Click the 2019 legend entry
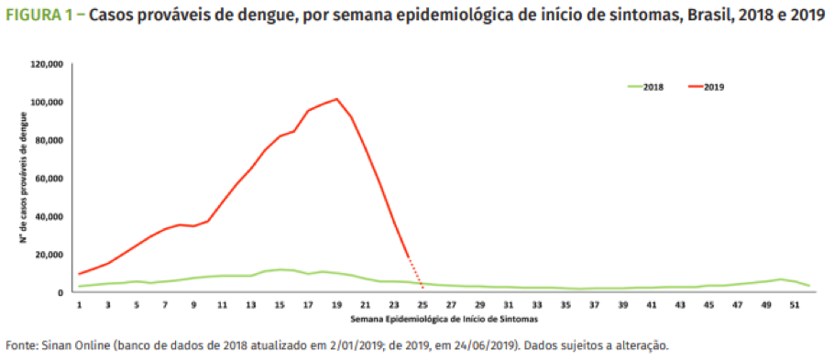[x=708, y=86]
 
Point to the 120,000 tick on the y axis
[x=45, y=64]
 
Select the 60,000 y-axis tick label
[x=48, y=179]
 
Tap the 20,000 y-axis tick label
[x=48, y=255]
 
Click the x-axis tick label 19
[x=336, y=304]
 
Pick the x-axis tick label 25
[x=422, y=304]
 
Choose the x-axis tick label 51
[x=794, y=304]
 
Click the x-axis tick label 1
[x=80, y=304]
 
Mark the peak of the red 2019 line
[x=336, y=99]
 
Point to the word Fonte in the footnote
[x=22, y=346]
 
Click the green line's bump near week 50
[x=780, y=279]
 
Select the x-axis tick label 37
[x=594, y=304]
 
